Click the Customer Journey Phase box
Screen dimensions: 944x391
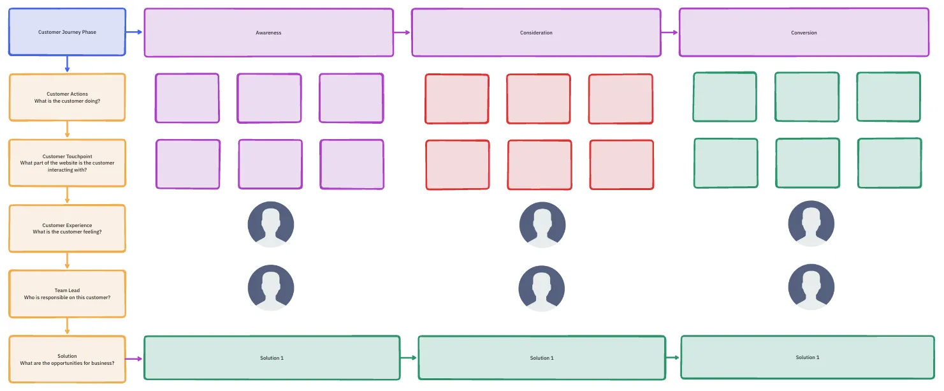click(67, 32)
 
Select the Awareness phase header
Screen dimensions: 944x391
click(269, 33)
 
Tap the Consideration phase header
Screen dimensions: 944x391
click(536, 33)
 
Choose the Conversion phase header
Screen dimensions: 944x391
click(804, 32)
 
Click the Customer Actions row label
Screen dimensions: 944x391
click(67, 98)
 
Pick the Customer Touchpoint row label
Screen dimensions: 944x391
click(67, 163)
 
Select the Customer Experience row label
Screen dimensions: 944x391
click(67, 228)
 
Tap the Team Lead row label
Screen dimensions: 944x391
click(67, 293)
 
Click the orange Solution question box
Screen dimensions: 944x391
click(67, 359)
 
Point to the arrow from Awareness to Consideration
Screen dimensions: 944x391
click(402, 33)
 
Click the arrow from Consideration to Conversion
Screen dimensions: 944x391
click(670, 33)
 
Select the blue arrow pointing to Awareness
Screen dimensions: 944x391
click(134, 32)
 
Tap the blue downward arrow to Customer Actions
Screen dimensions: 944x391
click(67, 64)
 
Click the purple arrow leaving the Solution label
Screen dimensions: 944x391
click(134, 359)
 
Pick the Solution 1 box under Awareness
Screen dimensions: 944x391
click(272, 358)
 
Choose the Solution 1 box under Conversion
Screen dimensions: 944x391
click(808, 357)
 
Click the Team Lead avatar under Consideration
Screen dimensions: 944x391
click(542, 288)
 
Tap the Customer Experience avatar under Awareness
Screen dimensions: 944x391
click(270, 225)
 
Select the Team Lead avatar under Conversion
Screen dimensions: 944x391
click(811, 287)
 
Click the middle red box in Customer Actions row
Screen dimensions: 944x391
click(539, 99)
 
